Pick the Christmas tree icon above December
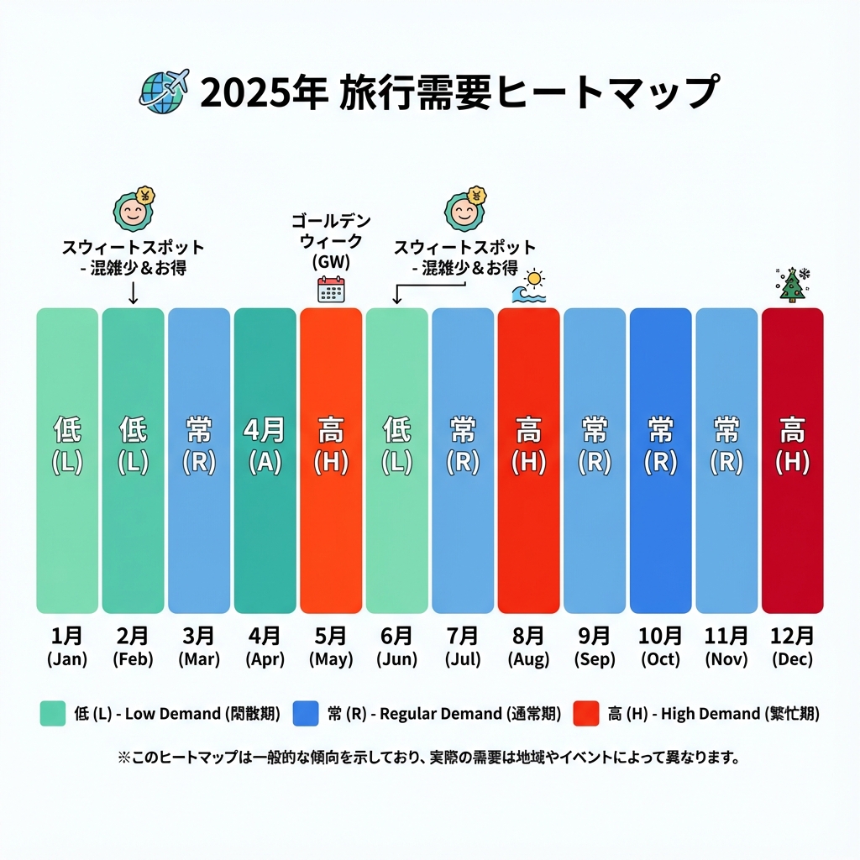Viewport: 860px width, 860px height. coord(791,285)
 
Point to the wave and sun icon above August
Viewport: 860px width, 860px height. coord(529,286)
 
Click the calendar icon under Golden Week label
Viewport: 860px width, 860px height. coord(331,288)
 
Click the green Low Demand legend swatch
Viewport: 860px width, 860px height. coord(53,714)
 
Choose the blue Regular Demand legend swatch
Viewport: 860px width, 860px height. coord(306,714)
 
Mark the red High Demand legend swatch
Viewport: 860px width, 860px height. coord(585,714)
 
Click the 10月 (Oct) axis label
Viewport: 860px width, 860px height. coord(660,647)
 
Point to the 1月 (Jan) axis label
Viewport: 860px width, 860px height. coord(66,647)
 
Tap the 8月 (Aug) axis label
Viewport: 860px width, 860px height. coord(528,647)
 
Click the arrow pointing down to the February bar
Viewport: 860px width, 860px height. coord(133,292)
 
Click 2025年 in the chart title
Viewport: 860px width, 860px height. coord(263,92)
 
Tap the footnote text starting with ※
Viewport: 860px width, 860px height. coord(429,758)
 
